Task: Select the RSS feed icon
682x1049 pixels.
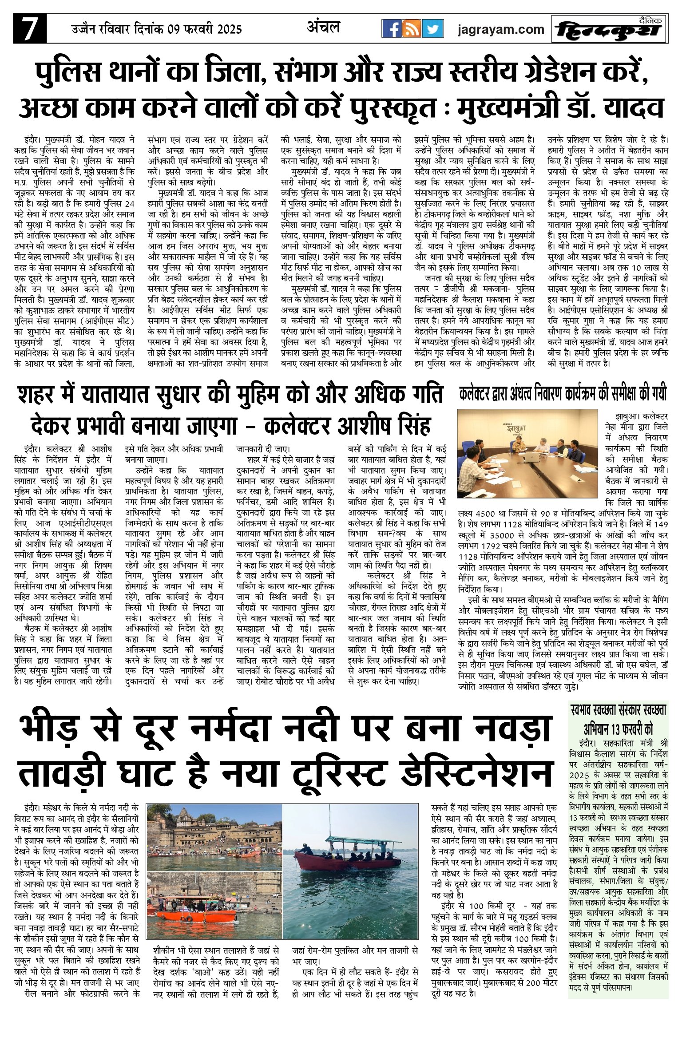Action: tap(412, 29)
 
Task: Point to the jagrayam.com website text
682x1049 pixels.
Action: tap(500, 30)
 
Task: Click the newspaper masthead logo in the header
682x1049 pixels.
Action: tap(609, 30)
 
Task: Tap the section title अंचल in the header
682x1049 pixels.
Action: tap(323, 28)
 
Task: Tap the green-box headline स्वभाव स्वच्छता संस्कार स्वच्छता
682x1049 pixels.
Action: tap(619, 711)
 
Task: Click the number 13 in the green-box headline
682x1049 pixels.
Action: tap(615, 729)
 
